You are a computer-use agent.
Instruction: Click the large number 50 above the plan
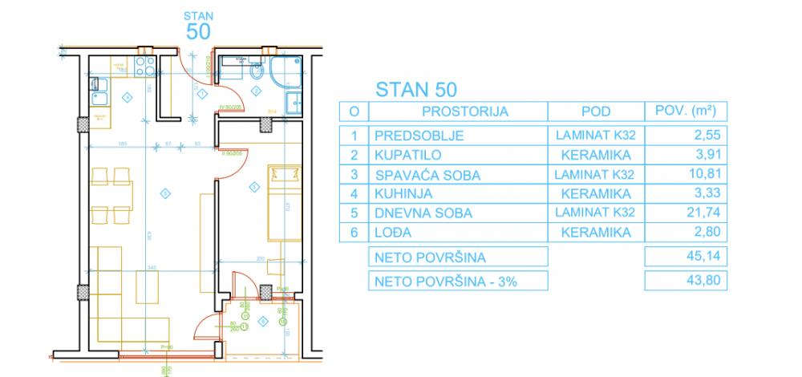tap(198, 31)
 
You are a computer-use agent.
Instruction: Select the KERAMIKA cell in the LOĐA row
tap(594, 233)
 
